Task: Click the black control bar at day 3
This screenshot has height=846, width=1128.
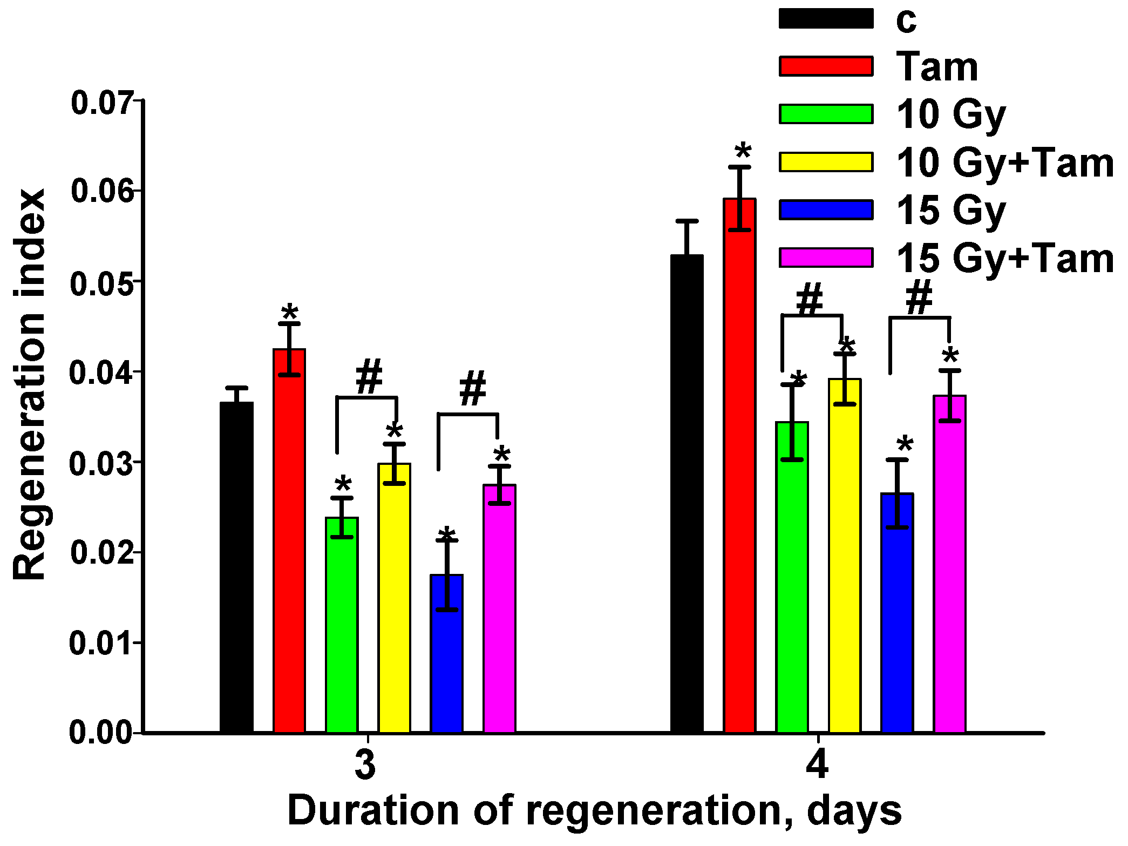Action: (236, 567)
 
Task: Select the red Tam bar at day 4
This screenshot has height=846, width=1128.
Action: (739, 464)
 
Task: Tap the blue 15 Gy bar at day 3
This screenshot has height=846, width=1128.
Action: (447, 653)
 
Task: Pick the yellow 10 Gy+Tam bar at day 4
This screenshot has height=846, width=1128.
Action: (845, 556)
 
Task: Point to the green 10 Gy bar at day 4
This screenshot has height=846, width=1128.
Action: (792, 578)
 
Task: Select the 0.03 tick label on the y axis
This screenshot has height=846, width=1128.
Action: (101, 463)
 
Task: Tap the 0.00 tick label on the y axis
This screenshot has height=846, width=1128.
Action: (101, 733)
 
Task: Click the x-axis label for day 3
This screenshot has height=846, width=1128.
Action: (365, 765)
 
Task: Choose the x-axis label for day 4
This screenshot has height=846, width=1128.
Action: (817, 765)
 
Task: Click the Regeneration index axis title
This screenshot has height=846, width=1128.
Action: (30, 384)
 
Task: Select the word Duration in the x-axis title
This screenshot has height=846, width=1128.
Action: (373, 811)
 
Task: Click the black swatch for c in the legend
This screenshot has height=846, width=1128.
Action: (826, 19)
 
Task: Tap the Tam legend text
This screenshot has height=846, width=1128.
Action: (937, 67)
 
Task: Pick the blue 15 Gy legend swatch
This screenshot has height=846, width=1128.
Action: (826, 209)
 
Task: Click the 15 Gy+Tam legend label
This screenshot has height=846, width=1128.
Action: (1005, 258)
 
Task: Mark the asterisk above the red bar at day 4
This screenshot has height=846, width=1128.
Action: (743, 151)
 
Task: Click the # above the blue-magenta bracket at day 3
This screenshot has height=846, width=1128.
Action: (473, 389)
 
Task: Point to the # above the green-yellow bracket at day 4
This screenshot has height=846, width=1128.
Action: (810, 299)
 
